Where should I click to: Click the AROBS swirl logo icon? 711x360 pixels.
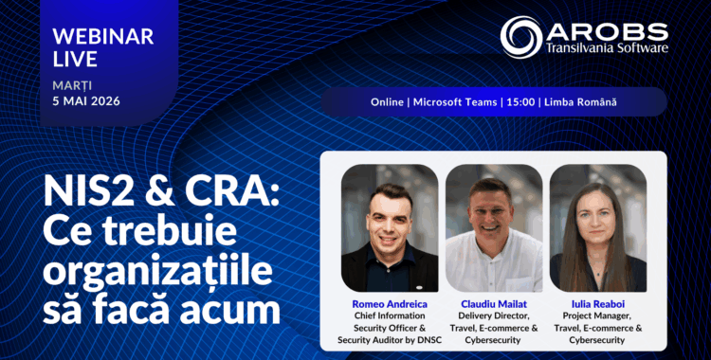point(521,37)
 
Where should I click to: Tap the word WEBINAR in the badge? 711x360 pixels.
point(103,37)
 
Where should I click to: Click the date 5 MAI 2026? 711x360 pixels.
point(86,100)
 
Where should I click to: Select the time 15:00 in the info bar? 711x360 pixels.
point(521,102)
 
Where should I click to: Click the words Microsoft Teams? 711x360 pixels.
point(455,102)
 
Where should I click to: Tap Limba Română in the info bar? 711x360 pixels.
point(580,102)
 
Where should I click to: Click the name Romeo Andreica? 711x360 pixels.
point(390,304)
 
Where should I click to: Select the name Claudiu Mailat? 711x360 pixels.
point(494,304)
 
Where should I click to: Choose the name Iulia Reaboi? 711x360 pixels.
point(597,304)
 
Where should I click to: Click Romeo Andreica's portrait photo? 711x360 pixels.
point(390,228)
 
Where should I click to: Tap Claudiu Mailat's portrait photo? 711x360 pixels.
point(494,228)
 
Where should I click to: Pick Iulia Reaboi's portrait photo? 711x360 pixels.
point(598,228)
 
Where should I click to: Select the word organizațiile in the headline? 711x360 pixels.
point(158,272)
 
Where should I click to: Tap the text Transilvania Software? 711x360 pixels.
point(607,47)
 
